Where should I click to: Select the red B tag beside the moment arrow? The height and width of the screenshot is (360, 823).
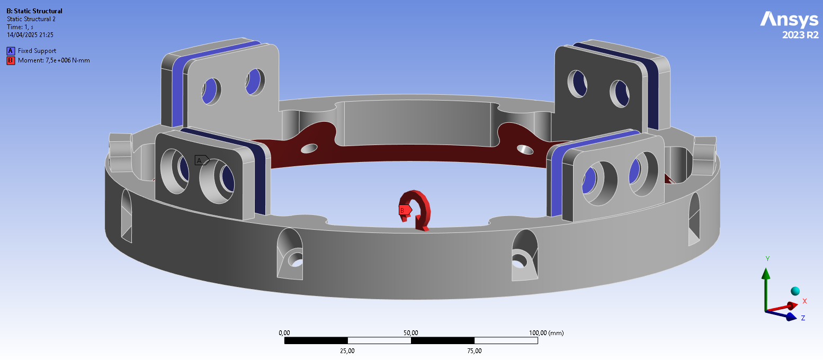point(404,210)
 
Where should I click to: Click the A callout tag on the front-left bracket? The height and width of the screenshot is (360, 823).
point(201,160)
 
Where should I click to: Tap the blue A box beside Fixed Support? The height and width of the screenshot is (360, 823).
point(10,51)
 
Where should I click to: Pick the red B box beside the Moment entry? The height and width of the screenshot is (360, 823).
point(10,60)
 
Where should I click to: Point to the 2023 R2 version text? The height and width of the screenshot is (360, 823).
point(800,35)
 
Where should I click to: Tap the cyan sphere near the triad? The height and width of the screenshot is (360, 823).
point(795,291)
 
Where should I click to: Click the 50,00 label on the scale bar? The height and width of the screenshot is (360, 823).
point(411,333)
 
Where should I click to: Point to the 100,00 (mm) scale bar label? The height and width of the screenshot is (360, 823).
point(547,333)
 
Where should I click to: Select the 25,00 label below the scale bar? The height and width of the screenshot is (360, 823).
point(347,351)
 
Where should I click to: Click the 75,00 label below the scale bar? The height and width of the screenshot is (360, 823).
point(475,351)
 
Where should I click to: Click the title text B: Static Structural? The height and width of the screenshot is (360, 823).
point(34,11)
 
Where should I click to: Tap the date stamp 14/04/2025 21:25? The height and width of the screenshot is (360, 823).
point(30,35)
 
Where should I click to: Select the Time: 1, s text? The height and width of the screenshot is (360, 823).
point(21,27)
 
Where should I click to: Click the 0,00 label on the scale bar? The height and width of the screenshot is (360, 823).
point(284,333)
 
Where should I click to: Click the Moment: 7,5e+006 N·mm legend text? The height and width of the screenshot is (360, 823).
point(53,60)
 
